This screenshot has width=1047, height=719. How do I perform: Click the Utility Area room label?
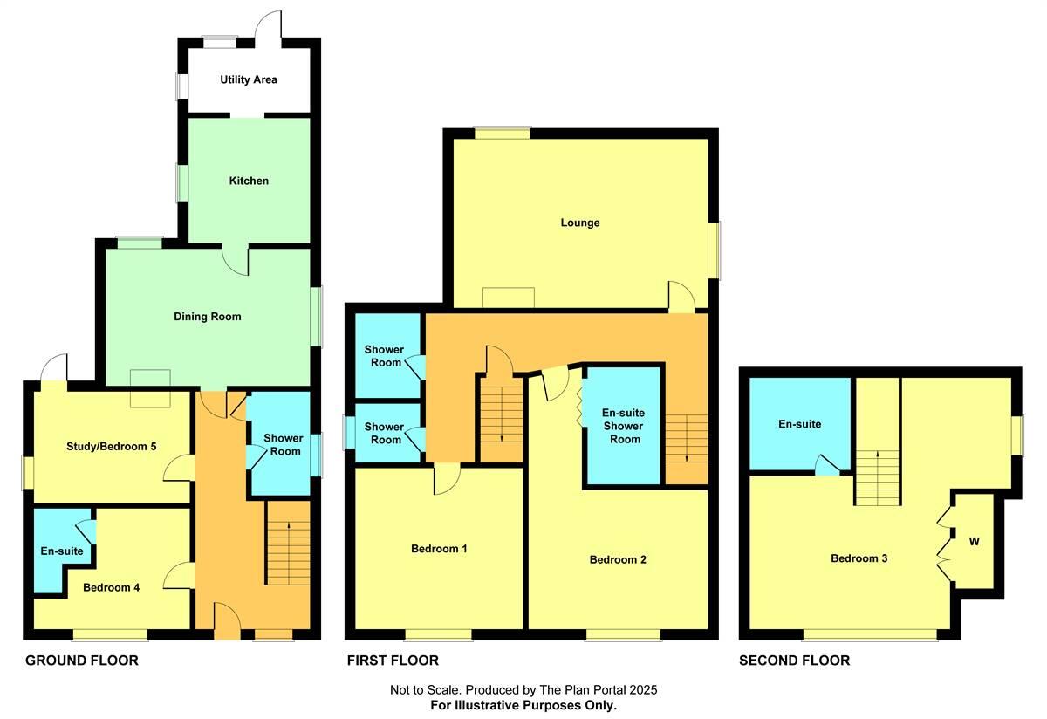[249, 79]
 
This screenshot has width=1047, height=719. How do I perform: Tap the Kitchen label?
[249, 181]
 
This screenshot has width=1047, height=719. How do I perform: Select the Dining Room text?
[207, 317]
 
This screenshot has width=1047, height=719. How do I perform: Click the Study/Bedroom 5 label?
[112, 446]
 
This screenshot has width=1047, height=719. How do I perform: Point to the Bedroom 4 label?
[112, 587]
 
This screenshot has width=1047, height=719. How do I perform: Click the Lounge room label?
[580, 223]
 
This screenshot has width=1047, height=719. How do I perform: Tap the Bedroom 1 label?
[439, 549]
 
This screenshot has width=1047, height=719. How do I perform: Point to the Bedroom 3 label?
[859, 558]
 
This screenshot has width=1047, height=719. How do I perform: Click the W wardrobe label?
[974, 542]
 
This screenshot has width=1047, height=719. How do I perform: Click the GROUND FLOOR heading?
[81, 661]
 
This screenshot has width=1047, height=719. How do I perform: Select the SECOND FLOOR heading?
[794, 661]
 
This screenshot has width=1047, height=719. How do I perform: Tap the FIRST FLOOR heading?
[392, 661]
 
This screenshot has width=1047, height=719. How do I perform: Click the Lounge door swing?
[681, 296]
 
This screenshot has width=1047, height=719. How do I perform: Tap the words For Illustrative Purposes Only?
[523, 705]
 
